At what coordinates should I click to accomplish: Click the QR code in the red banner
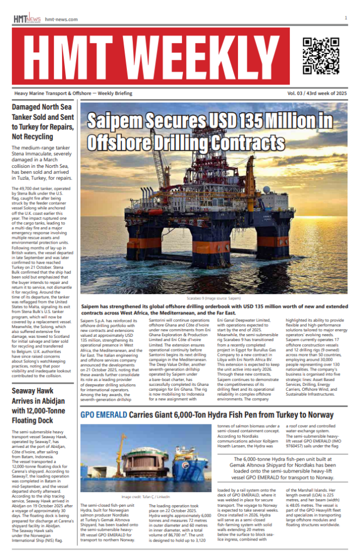[321, 56]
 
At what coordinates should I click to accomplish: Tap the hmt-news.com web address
[62, 20]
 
